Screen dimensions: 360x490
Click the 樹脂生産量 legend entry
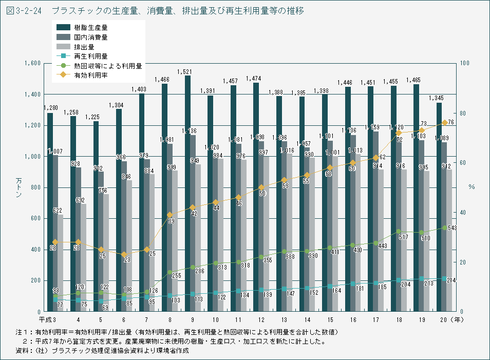90,27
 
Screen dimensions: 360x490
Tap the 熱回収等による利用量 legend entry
107,66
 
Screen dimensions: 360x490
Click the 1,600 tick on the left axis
32,63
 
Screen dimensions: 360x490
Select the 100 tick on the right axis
465,63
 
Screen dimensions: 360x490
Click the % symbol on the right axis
472,187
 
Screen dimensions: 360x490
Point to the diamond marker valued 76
444,123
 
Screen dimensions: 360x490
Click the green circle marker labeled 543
444,228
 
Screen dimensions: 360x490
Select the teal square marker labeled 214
444,278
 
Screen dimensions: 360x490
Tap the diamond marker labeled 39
170,214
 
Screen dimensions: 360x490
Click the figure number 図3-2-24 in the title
24,10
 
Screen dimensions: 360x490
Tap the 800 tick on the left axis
34,187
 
